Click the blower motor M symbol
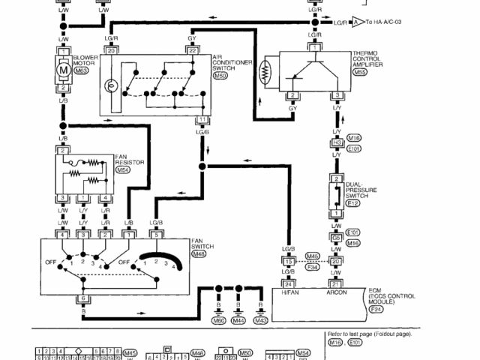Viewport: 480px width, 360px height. coord(63,70)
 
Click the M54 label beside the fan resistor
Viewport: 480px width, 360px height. coord(123,170)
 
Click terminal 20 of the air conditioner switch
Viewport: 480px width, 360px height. coord(111,50)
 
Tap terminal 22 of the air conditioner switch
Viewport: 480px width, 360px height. coord(192,50)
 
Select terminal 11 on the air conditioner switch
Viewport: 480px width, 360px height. coord(202,120)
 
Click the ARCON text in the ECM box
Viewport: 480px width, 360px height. coord(337,293)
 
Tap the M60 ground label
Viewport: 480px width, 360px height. coord(219,320)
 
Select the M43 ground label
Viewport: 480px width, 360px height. coord(259,320)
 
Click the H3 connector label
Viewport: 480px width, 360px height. coord(337,142)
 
